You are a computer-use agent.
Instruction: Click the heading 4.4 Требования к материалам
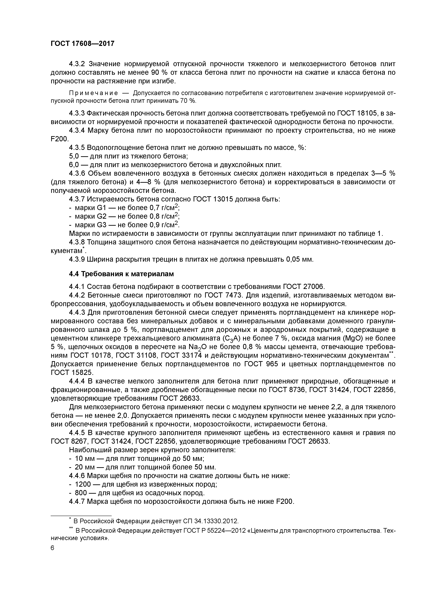click(x=121, y=274)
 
